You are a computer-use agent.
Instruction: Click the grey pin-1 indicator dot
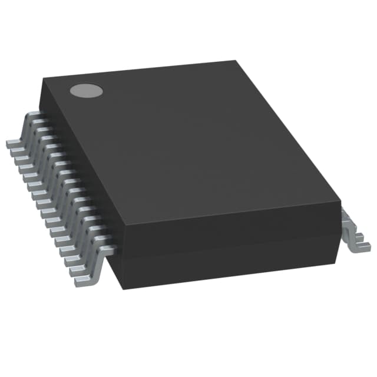coord(87,90)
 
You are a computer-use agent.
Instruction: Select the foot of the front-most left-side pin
coord(82,281)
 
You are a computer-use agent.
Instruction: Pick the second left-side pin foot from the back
coord(17,151)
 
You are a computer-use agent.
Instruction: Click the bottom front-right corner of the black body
coord(340,259)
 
